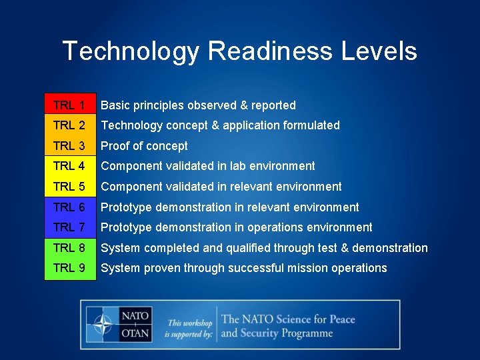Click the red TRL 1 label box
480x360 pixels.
click(x=69, y=105)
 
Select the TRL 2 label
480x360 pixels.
click(x=69, y=125)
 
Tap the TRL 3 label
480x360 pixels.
click(x=69, y=146)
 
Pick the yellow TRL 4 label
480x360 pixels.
click(x=69, y=166)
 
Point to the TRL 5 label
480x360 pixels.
click(x=69, y=187)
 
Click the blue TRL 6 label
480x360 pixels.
click(x=69, y=207)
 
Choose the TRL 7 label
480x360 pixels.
click(x=69, y=227)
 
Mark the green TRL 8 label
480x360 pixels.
click(x=69, y=248)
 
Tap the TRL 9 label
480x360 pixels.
click(x=69, y=268)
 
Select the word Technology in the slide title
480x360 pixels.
click(x=130, y=51)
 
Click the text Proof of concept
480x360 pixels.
click(x=144, y=146)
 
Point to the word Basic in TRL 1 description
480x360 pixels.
click(x=115, y=105)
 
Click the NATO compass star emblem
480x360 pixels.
click(x=103, y=325)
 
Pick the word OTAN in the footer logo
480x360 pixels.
click(x=135, y=333)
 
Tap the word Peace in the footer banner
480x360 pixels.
click(x=342, y=319)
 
